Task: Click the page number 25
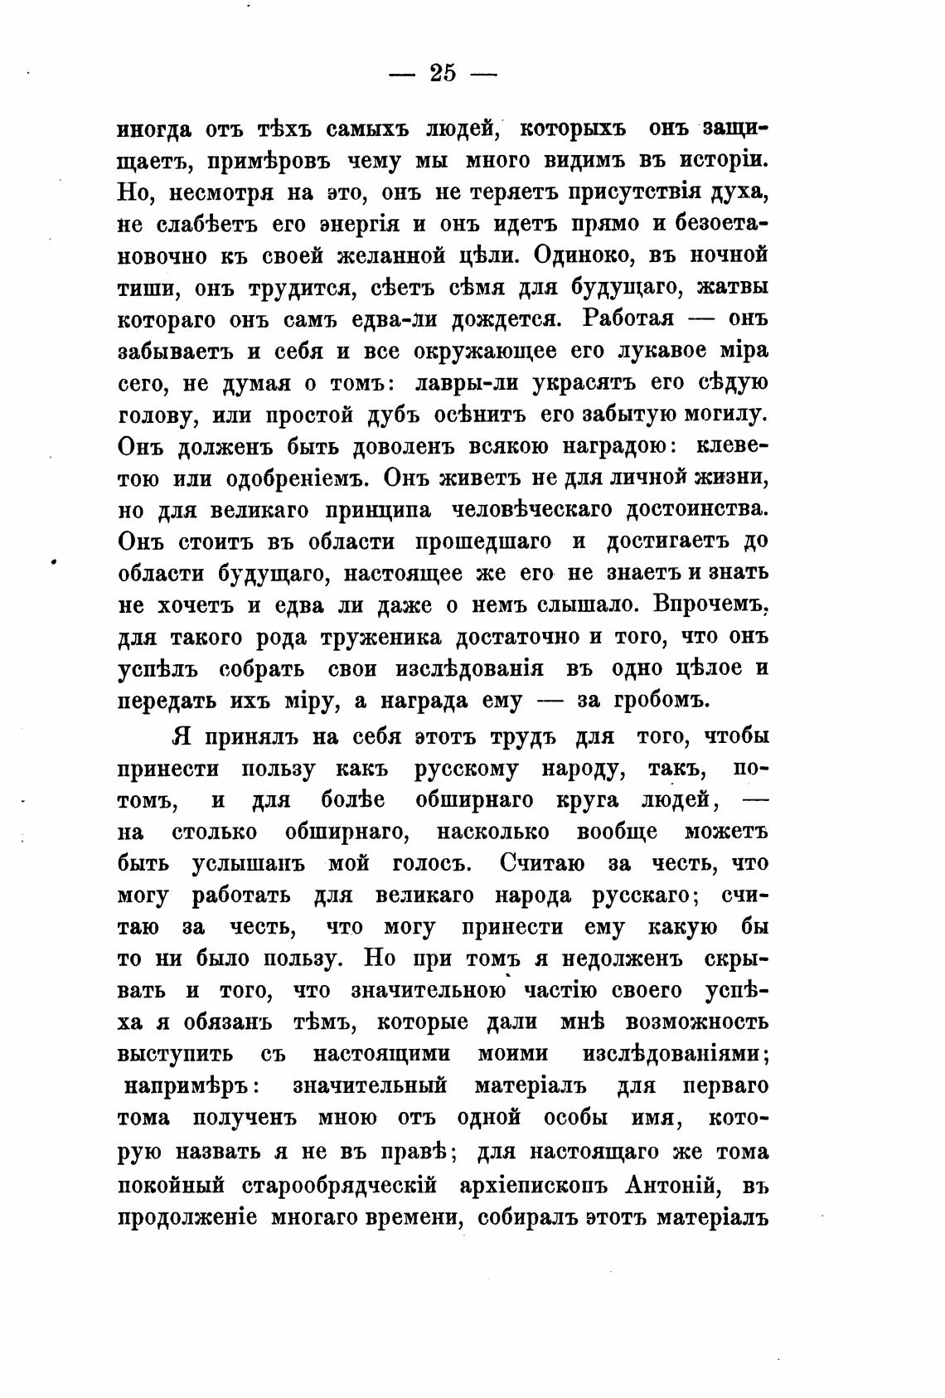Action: (x=443, y=73)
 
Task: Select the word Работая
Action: (x=630, y=318)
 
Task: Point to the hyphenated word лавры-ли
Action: (x=468, y=382)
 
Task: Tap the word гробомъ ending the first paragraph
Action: (x=661, y=701)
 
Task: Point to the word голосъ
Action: (x=431, y=863)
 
